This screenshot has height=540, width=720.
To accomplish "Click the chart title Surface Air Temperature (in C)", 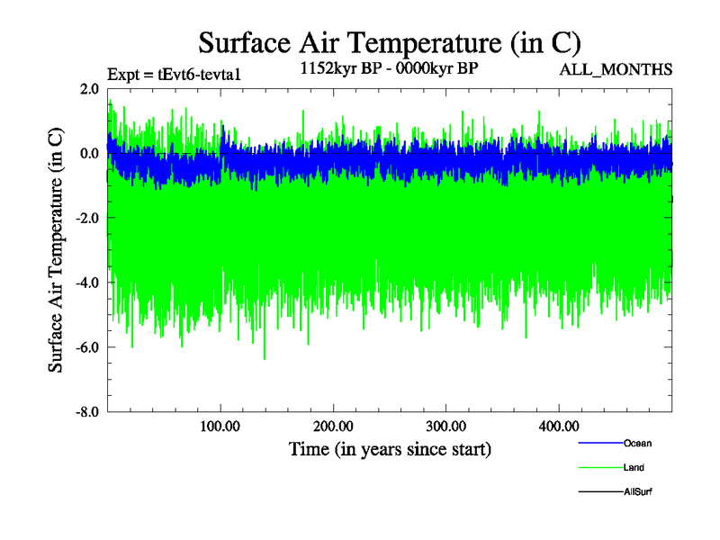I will pos(390,43).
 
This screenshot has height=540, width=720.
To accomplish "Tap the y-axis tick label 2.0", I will pos(88,88).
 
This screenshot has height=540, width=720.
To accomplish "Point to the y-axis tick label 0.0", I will pos(88,153).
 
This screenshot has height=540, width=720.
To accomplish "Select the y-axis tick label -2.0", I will pos(86,218).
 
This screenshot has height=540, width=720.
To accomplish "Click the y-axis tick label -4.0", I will pos(86,283).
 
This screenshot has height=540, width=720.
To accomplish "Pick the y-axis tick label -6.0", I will pos(86,347).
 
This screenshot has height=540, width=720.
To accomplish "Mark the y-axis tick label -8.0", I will pos(86,412).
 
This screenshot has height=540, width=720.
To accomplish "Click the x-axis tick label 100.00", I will pos(220,426).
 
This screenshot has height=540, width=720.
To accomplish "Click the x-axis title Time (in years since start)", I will pos(390,448).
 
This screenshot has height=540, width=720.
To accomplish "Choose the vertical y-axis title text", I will pos(56,250).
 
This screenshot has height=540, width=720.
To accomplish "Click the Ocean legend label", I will pos(637,443).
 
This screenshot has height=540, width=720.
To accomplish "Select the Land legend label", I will pos(634,467).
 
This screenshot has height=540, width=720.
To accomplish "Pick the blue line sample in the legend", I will pos(598,443).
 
